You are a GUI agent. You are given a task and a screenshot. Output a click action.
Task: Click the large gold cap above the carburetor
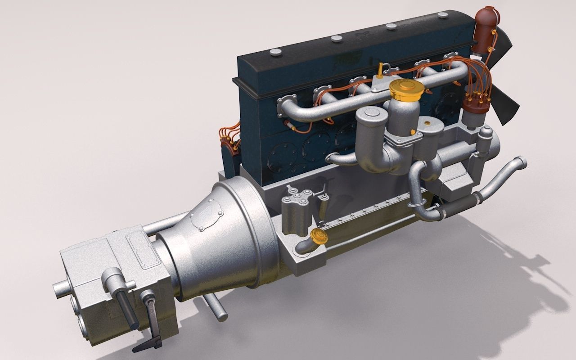click(405, 89)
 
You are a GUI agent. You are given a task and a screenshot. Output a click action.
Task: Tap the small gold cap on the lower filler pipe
click(318, 235)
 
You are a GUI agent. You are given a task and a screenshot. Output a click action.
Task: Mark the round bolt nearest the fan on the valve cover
click(443, 15)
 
